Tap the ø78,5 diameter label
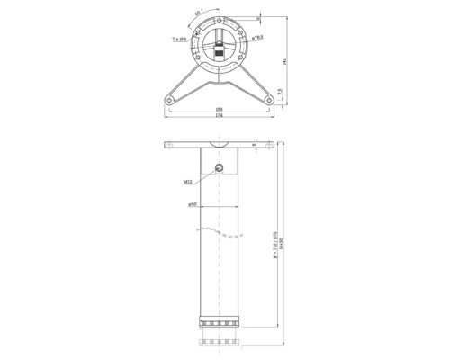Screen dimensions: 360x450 point(258,38)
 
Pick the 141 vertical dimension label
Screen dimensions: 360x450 point(285,61)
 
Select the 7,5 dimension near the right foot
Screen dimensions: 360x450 point(280,91)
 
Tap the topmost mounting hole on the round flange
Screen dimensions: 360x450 point(220,19)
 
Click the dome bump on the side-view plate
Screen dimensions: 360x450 point(220,143)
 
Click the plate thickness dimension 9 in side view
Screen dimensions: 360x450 point(256,144)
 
